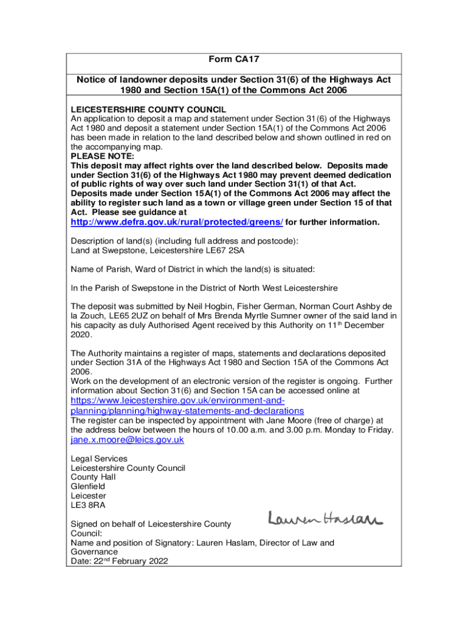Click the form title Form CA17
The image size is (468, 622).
[x=234, y=59]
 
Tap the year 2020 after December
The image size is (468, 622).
[x=81, y=335]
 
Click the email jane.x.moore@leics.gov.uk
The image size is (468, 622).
[x=127, y=440]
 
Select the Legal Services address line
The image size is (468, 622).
[x=99, y=459]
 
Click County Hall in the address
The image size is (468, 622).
[x=94, y=477]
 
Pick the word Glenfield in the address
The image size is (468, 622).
[x=88, y=487]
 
